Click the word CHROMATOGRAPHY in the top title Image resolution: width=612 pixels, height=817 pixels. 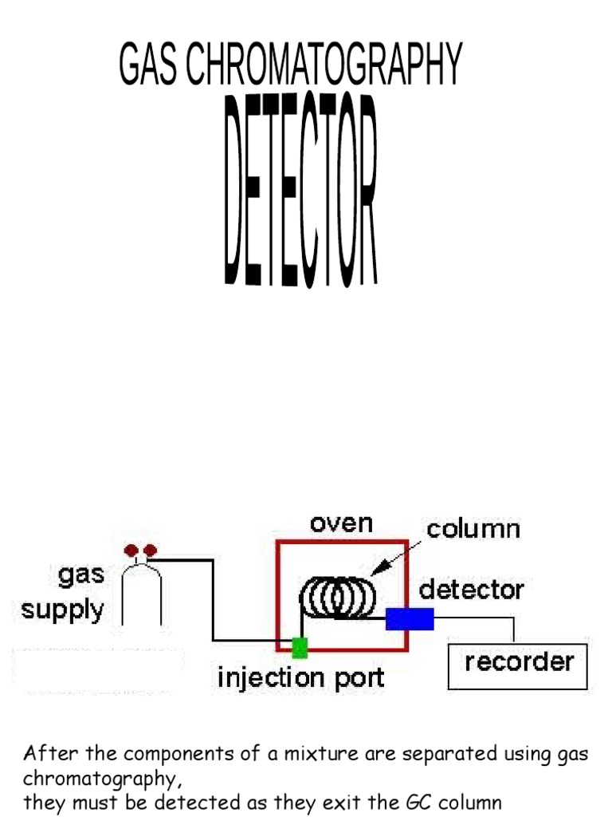[324, 65]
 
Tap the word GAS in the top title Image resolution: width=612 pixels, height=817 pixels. [149, 65]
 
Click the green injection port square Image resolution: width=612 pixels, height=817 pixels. [300, 647]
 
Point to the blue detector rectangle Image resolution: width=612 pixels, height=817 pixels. [410, 619]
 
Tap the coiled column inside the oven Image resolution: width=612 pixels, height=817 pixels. [339, 598]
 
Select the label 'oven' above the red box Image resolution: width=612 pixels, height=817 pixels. [341, 524]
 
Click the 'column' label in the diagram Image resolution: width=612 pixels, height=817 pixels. [473, 529]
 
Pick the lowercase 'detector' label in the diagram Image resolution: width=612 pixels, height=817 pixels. [472, 590]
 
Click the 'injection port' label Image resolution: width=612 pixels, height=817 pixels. [301, 679]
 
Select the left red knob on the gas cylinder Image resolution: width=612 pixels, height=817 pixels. [131, 551]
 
